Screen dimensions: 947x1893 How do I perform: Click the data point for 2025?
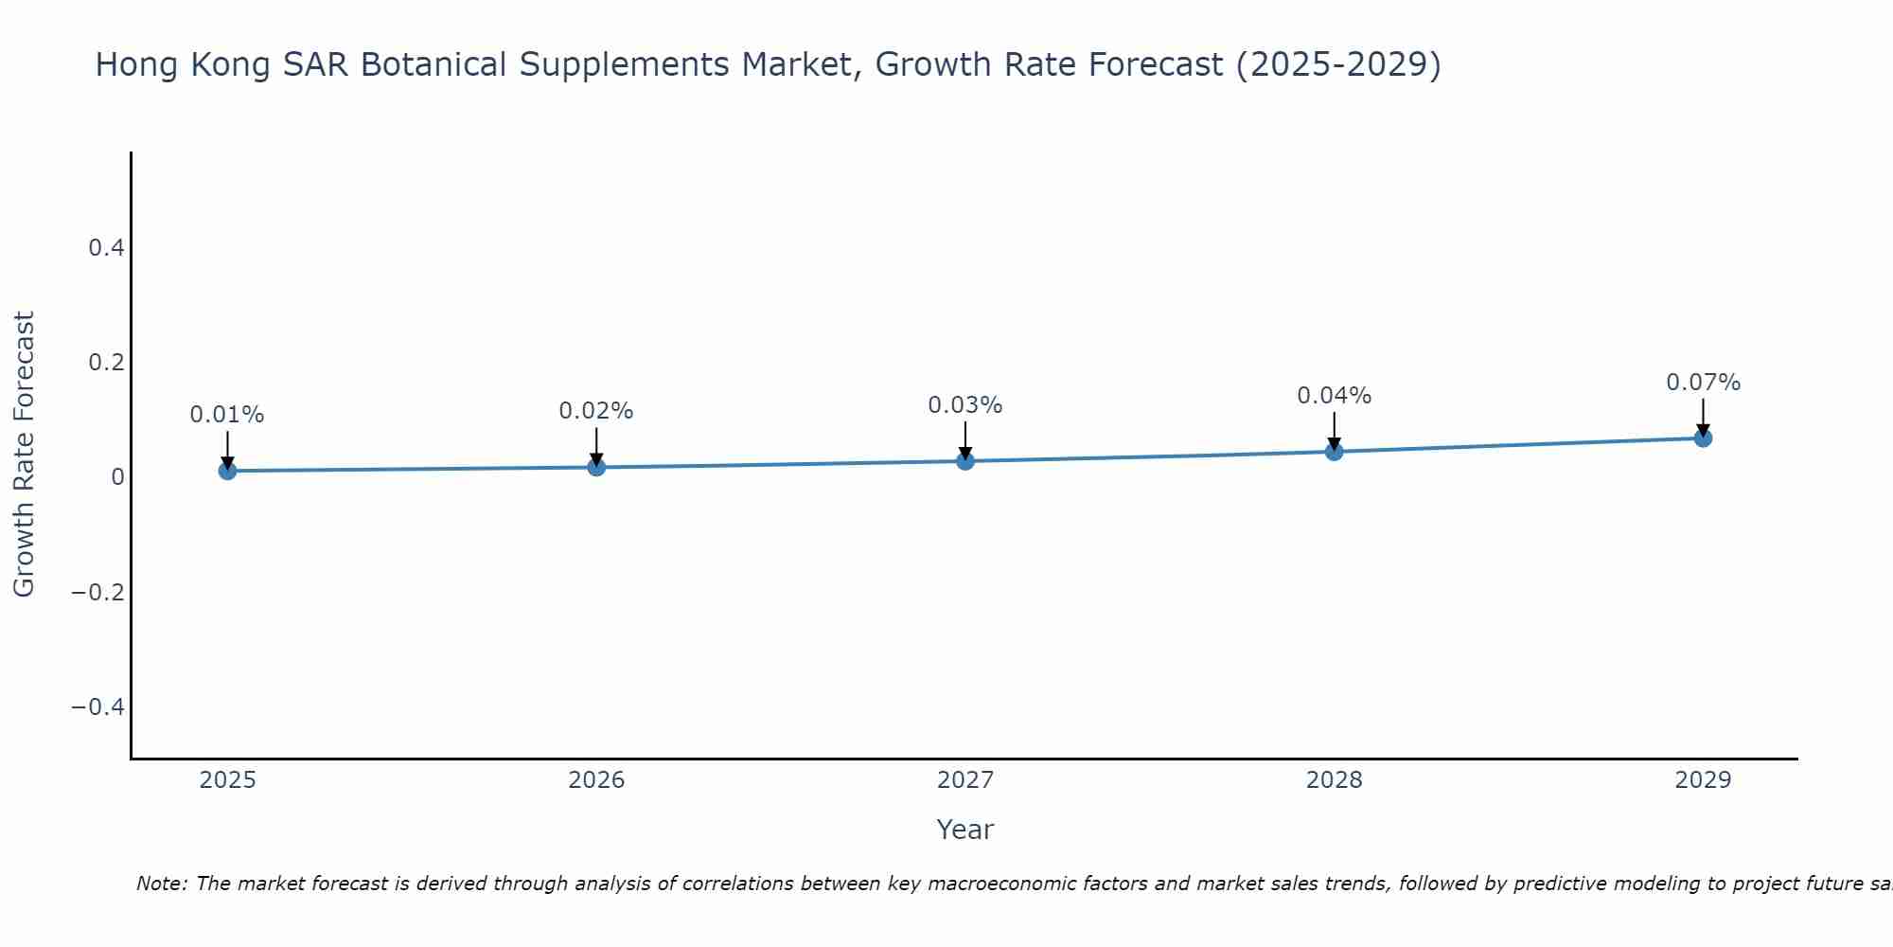click(x=227, y=471)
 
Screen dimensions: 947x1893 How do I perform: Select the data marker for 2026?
click(x=596, y=467)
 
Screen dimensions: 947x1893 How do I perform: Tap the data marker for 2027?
click(x=965, y=461)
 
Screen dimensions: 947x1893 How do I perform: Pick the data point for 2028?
click(x=1334, y=452)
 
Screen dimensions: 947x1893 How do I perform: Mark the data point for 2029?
click(x=1703, y=438)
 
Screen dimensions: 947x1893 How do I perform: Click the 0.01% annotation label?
click(x=227, y=415)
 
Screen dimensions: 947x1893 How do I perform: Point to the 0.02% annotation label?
click(x=596, y=411)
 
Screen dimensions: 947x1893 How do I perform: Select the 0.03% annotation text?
click(x=965, y=405)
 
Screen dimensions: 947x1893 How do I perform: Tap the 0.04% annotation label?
click(x=1334, y=396)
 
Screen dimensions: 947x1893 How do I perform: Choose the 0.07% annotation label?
click(x=1703, y=383)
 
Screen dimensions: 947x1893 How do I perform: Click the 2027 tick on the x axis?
click(x=965, y=780)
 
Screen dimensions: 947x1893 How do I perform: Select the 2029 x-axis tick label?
click(x=1703, y=780)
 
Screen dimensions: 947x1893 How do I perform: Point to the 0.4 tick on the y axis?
click(x=106, y=248)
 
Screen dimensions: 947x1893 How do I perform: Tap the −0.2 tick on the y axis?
click(x=97, y=593)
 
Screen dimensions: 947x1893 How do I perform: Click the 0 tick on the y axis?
click(x=117, y=477)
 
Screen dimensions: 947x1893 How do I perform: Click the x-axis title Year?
click(x=964, y=830)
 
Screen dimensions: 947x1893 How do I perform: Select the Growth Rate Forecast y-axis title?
click(x=24, y=455)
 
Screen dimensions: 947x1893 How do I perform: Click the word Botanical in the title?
click(x=434, y=65)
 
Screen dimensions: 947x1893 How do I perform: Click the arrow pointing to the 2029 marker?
click(x=1703, y=417)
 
